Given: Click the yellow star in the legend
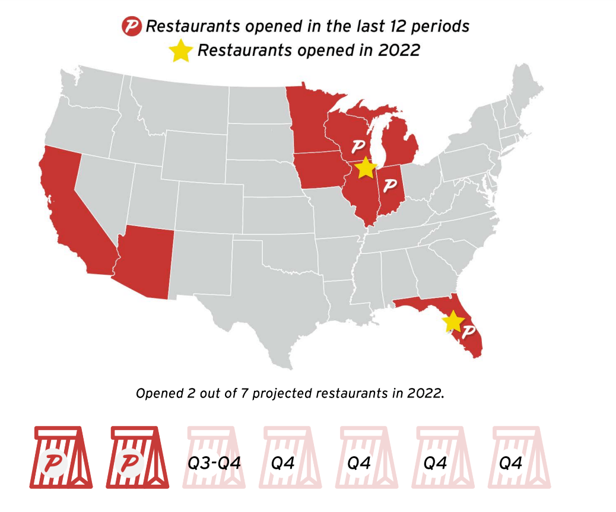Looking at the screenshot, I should pos(180,51).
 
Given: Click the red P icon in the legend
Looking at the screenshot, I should pos(132,27).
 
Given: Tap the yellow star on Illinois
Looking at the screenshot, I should pos(366,168).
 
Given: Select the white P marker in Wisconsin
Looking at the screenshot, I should pos(358,146).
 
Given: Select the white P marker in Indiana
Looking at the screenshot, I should pos(390,185).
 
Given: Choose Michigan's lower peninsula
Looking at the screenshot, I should pos(399,145).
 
